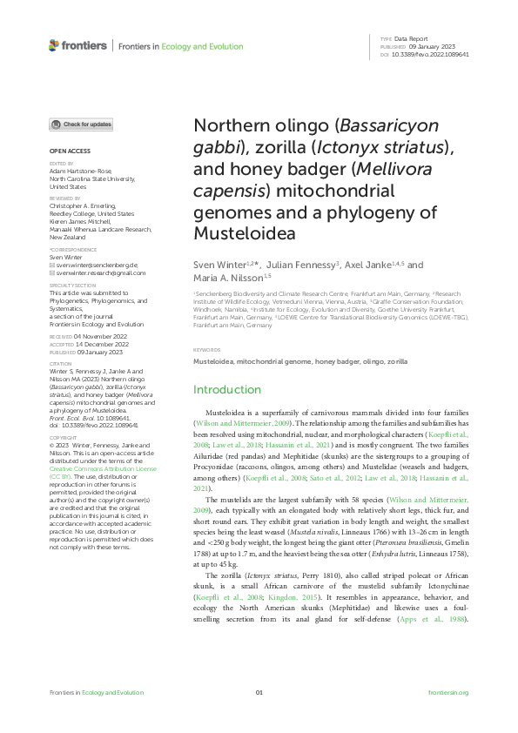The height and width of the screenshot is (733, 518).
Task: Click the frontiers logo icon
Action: pos(54,45)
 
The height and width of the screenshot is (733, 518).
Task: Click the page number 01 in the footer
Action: pos(259,692)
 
